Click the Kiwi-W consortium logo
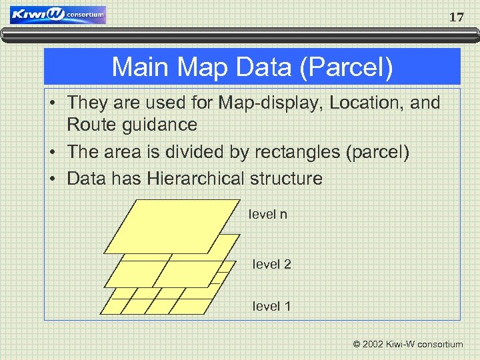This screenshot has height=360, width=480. (x=58, y=15)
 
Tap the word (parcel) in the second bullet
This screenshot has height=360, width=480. (x=378, y=151)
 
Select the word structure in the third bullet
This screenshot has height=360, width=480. (x=289, y=179)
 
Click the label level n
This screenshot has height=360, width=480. (x=267, y=215)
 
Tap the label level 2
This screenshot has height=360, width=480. (x=271, y=265)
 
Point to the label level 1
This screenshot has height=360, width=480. (x=271, y=307)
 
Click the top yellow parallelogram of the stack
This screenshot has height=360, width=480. (x=173, y=227)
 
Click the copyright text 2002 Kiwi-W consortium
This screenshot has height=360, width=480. (x=408, y=345)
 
